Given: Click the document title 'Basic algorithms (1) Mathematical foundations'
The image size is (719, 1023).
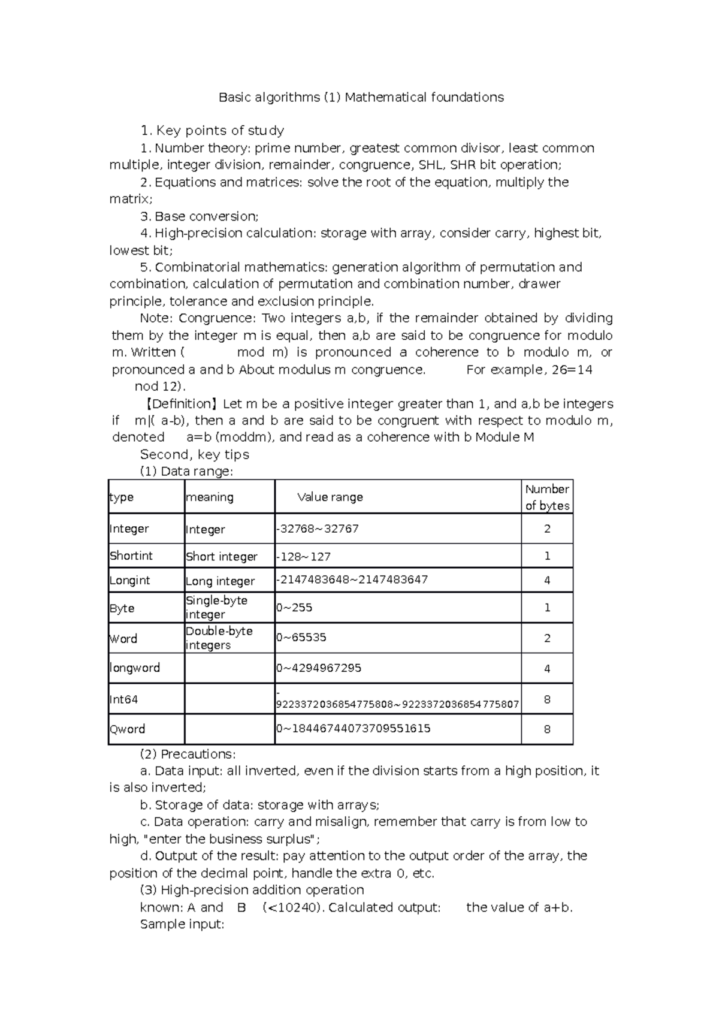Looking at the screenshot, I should pyautogui.click(x=361, y=97).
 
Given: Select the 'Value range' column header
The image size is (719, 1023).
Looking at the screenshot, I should pyautogui.click(x=330, y=497).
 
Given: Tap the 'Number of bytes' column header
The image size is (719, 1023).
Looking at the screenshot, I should pyautogui.click(x=546, y=497).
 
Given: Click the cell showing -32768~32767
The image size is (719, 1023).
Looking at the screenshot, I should pyautogui.click(x=318, y=529).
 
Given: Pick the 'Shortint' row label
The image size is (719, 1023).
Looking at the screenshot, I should pyautogui.click(x=131, y=556).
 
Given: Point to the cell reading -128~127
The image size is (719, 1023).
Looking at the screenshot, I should pyautogui.click(x=304, y=557).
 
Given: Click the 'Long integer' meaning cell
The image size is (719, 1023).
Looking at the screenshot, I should pyautogui.click(x=220, y=581).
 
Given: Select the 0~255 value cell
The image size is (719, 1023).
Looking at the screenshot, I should pyautogui.click(x=294, y=608).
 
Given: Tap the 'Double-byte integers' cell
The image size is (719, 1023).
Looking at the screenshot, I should pyautogui.click(x=219, y=638).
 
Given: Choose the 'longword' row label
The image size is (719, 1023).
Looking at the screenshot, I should pyautogui.click(x=135, y=668).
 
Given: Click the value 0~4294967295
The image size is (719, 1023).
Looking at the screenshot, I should pyautogui.click(x=319, y=668).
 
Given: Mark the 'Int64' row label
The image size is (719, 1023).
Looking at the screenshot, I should pyautogui.click(x=124, y=699).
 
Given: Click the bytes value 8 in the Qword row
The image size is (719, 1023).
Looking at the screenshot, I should pyautogui.click(x=547, y=730).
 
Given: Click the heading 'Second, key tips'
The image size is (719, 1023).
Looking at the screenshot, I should pyautogui.click(x=195, y=455).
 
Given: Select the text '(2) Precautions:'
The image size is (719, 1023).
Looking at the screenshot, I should pyautogui.click(x=188, y=754).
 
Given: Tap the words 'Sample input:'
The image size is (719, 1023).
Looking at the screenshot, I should pyautogui.click(x=182, y=924).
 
